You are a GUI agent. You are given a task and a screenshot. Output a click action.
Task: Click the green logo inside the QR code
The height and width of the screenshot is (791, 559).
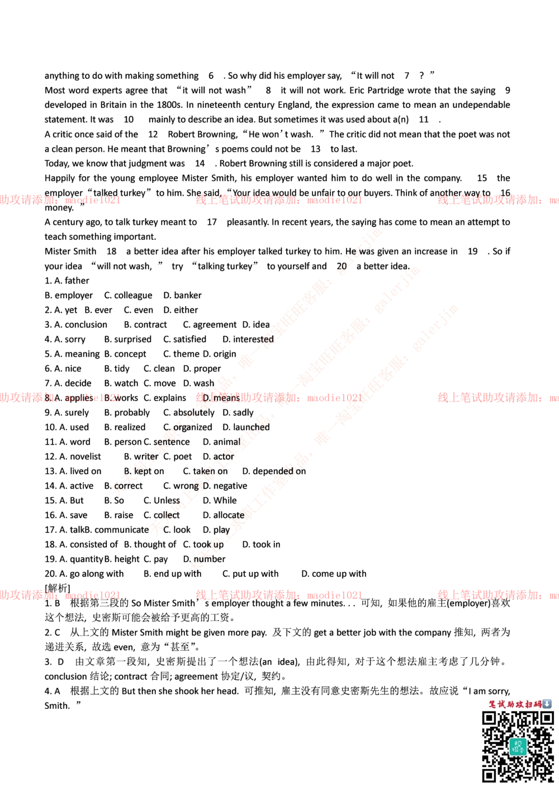point(518,747)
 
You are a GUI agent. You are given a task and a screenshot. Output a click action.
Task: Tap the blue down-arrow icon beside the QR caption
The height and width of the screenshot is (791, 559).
point(547,704)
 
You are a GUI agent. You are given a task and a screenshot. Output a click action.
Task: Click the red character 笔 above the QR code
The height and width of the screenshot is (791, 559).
point(492,704)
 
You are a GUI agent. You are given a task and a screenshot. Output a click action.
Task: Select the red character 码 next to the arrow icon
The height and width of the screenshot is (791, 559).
point(537,704)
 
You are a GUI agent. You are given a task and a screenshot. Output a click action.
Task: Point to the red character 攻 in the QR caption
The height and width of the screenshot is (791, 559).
point(519,704)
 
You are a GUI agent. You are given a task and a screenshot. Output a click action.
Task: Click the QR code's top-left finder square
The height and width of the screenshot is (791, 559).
point(490,718)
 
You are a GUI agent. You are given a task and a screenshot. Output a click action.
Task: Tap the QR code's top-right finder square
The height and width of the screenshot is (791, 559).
point(546,718)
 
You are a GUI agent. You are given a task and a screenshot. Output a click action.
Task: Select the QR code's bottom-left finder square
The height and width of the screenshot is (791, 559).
point(490,775)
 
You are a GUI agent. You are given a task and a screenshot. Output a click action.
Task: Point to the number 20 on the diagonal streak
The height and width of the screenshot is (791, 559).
point(342,267)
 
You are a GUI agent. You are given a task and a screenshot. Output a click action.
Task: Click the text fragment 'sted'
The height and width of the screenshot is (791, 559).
point(265,340)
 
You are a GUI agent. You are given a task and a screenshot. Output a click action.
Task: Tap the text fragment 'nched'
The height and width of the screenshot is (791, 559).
point(257,428)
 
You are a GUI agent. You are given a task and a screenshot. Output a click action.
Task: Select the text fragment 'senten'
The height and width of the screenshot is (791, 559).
point(165,442)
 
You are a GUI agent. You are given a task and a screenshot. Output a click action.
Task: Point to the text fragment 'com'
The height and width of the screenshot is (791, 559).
point(121,487)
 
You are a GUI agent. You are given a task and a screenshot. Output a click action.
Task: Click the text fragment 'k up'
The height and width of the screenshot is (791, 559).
point(216,544)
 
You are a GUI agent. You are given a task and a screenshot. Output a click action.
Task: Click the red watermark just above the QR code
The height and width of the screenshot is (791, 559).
point(498,595)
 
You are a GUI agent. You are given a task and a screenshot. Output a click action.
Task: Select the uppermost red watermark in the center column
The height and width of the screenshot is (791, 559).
point(278,200)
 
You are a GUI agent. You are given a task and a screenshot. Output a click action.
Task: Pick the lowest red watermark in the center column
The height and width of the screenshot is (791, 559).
point(278,595)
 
